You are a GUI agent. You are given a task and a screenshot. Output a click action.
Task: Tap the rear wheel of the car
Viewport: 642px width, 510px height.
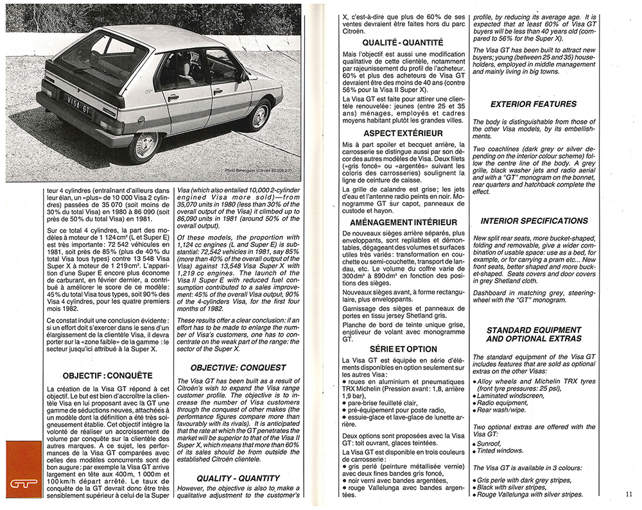(145, 145)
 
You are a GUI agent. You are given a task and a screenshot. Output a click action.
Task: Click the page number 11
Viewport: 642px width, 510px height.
(627, 493)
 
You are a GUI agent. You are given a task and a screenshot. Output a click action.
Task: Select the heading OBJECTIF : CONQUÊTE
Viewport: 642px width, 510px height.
(108, 375)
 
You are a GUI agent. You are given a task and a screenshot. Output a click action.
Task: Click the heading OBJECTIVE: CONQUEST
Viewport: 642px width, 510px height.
(238, 368)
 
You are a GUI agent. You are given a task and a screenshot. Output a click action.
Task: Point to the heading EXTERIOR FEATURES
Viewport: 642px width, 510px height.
(534, 104)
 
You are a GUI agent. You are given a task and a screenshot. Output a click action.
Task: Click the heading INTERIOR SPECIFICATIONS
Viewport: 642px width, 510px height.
(534, 221)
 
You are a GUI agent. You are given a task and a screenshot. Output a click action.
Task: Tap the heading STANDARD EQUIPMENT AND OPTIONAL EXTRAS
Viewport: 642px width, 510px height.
(534, 334)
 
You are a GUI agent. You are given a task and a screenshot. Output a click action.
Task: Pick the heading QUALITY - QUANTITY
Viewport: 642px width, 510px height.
(238, 478)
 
